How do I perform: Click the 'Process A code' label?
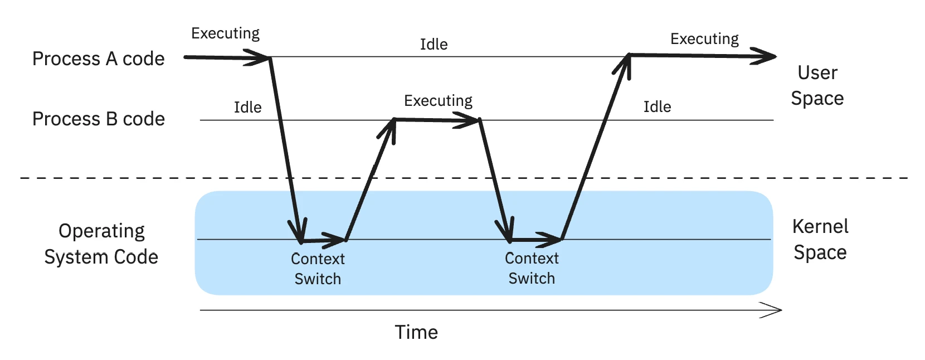point(98,59)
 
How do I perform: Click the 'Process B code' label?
point(98,119)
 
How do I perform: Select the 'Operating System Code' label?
point(101,244)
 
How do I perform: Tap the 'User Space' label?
point(817,85)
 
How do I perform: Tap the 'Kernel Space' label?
point(820,239)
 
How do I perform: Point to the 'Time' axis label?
point(416,332)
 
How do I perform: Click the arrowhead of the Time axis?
point(775,310)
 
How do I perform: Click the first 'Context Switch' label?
point(318,269)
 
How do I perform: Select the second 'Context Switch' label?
point(532,268)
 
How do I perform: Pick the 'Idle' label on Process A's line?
point(434,44)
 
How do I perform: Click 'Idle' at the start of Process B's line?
point(247,107)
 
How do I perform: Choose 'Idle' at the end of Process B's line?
point(657,106)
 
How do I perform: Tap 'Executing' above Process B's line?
point(438,101)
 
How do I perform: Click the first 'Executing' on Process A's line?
point(225,33)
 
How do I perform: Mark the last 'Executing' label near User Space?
point(704,39)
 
